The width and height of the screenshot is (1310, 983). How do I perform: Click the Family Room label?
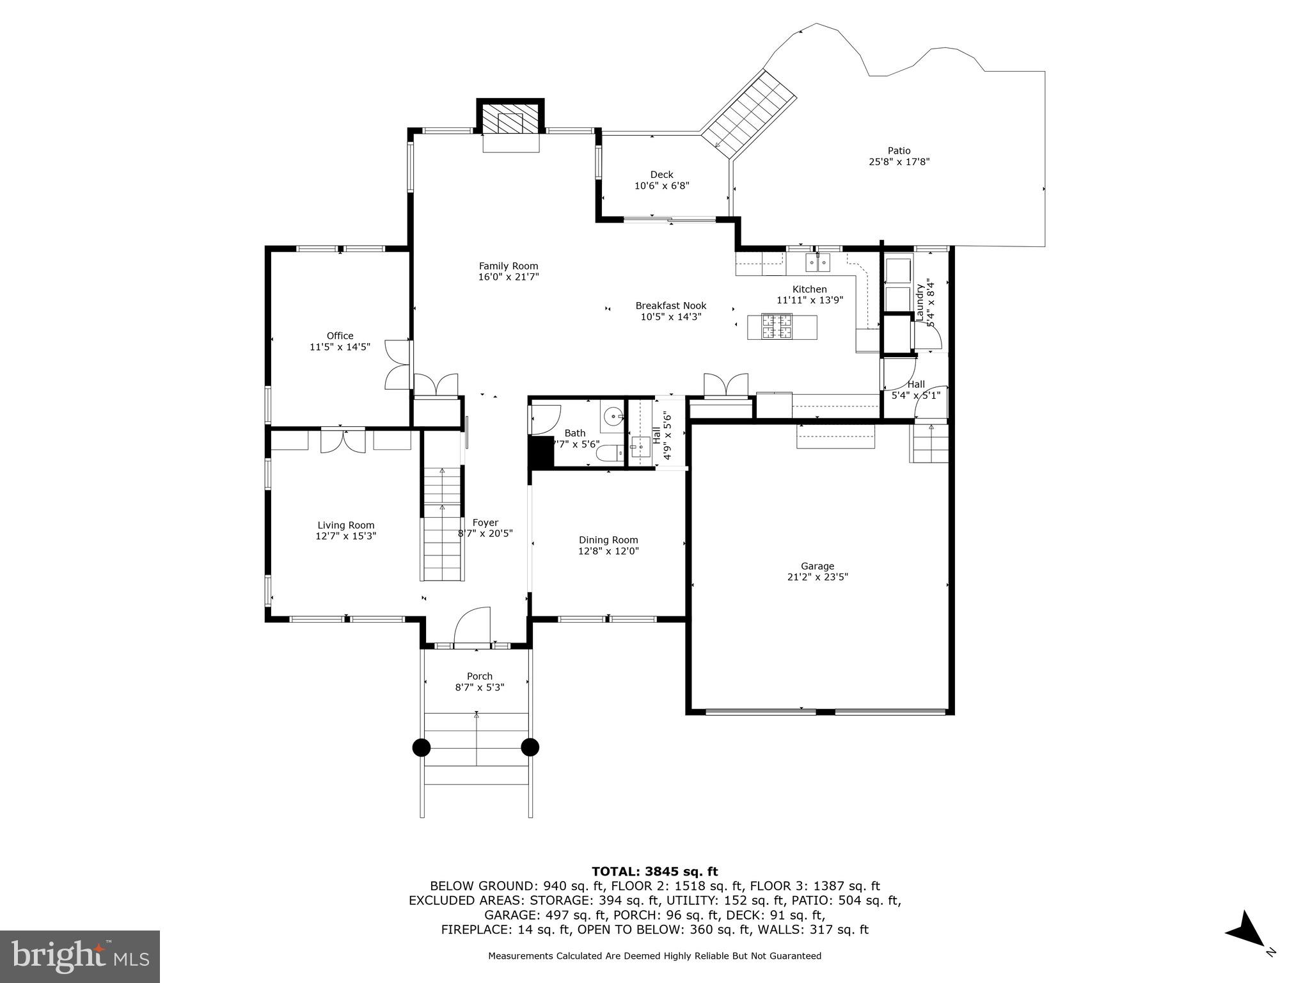[509, 266]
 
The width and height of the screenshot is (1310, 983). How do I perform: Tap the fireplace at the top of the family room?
[510, 120]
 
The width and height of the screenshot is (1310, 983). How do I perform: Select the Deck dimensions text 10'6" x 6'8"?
[661, 186]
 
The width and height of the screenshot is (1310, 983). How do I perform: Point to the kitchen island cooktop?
[776, 327]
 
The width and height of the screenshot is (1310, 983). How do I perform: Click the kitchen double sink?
[817, 261]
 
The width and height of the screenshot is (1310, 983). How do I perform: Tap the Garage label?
[817, 566]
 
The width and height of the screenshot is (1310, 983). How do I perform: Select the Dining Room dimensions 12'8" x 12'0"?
[608, 551]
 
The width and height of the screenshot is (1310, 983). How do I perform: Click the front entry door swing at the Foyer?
[472, 626]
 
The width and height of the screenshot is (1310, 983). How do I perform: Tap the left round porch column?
[422, 747]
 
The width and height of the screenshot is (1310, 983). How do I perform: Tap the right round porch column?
[530, 747]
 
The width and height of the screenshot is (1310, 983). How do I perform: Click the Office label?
[340, 336]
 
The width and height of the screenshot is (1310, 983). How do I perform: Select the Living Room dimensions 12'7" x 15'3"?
[345, 536]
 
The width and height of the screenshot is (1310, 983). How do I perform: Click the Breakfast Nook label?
[671, 306]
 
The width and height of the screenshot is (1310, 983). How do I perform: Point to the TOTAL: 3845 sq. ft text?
[654, 872]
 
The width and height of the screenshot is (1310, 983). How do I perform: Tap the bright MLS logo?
[80, 957]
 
